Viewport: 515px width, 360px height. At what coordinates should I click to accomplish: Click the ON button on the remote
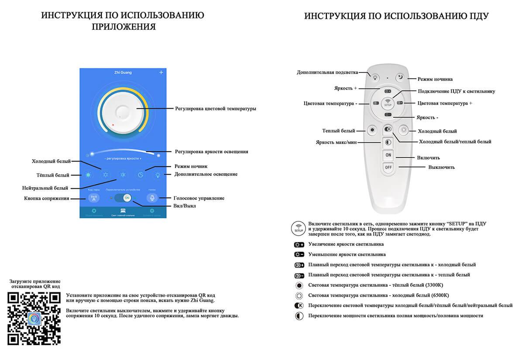pyautogui.click(x=388, y=155)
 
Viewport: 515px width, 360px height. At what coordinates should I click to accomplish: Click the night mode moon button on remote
pyautogui.click(x=400, y=77)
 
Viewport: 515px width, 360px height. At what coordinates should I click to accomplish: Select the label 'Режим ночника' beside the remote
pyautogui.click(x=435, y=79)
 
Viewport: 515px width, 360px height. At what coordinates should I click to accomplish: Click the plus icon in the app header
pyautogui.click(x=161, y=72)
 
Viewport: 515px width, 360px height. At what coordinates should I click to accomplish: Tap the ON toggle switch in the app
pyautogui.click(x=127, y=198)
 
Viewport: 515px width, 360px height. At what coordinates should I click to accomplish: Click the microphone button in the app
pyautogui.click(x=152, y=198)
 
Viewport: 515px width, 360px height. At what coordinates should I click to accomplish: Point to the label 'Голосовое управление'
pyautogui.click(x=199, y=198)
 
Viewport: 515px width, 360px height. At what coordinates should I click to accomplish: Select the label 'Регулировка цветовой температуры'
pyautogui.click(x=216, y=109)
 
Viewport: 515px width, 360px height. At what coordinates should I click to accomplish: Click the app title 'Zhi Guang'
pyautogui.click(x=123, y=72)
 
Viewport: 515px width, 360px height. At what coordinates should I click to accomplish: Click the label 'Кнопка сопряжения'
pyautogui.click(x=47, y=199)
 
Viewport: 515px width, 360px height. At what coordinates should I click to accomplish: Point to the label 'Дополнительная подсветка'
pyautogui.click(x=327, y=72)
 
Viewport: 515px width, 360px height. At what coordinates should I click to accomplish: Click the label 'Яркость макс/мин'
pyautogui.click(x=335, y=142)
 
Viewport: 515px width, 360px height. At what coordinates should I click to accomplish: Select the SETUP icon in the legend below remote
pyautogui.click(x=299, y=228)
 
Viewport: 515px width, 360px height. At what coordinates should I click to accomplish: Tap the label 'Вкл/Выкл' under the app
pyautogui.click(x=184, y=206)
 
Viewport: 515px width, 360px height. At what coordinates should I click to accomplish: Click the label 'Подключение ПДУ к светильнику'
pyautogui.click(x=457, y=92)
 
